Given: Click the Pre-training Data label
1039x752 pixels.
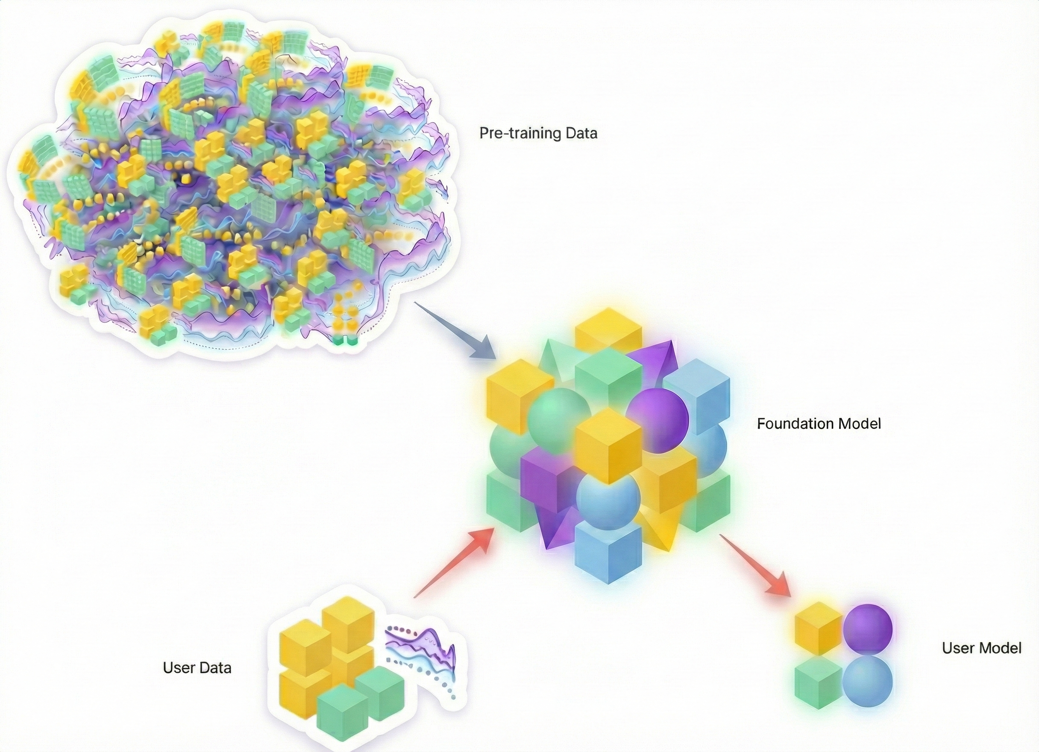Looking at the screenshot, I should [538, 133].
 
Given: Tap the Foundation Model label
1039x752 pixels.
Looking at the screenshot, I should [819, 423].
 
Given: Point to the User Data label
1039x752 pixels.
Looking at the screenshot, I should [197, 668].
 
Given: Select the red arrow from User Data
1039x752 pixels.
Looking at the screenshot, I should [454, 564].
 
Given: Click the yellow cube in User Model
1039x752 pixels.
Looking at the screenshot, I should [818, 628].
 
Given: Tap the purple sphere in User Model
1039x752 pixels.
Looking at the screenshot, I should [868, 628].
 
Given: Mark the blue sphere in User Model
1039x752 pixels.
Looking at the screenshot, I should [868, 681].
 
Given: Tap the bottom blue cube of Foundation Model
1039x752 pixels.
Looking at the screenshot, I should [608, 552].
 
